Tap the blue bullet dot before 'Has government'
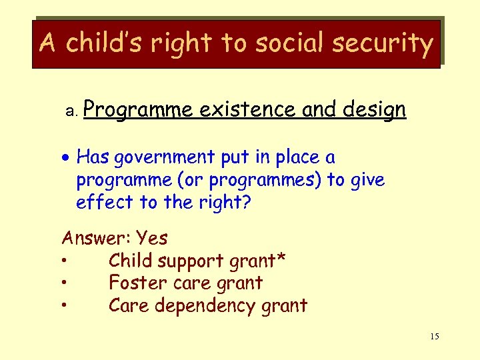point(67,159)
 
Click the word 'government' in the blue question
point(164,158)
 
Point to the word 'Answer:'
point(96,238)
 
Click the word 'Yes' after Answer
point(151,238)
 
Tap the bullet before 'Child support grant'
point(65,261)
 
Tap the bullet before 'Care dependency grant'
point(65,306)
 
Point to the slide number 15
point(435,337)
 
